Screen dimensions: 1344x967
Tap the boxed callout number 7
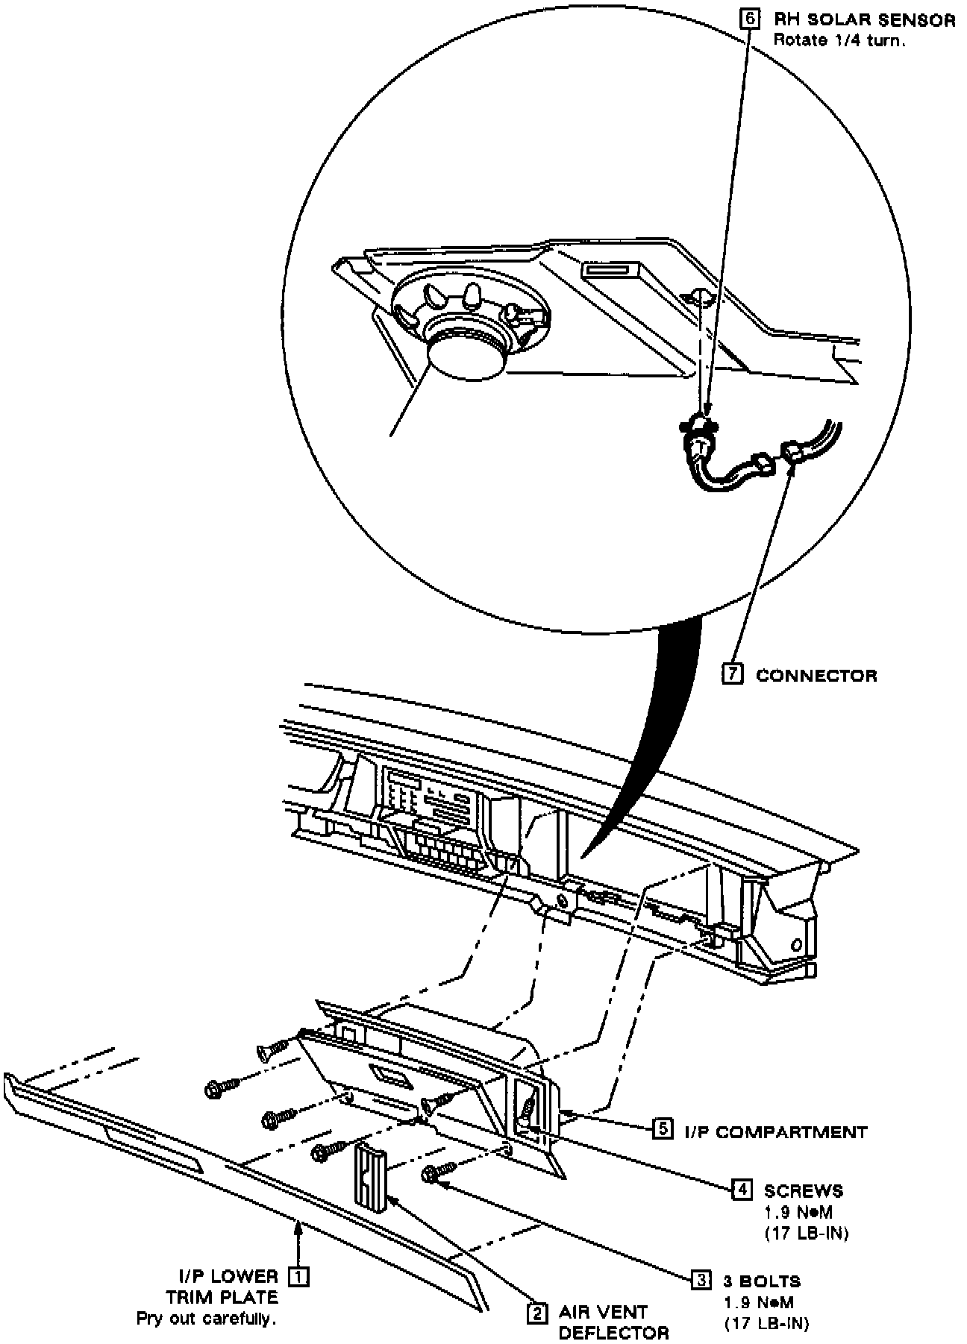coord(733,674)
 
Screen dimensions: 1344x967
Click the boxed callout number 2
coord(536,1313)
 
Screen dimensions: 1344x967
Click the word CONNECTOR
coord(816,675)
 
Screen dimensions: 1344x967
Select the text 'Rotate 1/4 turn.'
coord(839,40)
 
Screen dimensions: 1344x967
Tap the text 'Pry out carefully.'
coord(206,1298)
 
